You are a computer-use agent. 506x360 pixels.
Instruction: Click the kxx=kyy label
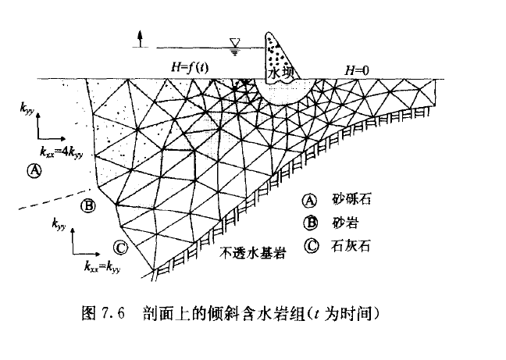102,266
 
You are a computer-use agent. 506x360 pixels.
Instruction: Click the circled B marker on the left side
87,206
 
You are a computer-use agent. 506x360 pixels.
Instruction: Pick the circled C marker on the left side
119,248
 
